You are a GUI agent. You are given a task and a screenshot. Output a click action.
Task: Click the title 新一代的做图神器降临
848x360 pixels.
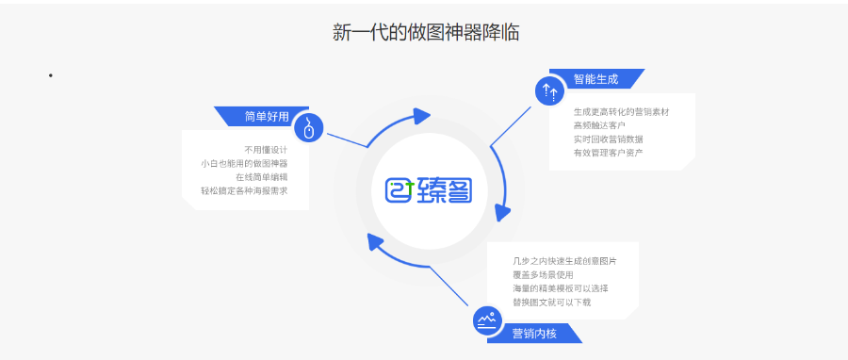[426, 32]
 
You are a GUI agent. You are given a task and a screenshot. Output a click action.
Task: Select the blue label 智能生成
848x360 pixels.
[595, 79]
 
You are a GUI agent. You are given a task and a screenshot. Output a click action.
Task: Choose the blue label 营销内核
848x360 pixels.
[534, 333]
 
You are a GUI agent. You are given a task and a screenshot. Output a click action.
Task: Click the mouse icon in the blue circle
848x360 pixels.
[308, 128]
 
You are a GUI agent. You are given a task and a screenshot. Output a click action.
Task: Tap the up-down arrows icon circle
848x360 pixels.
[549, 91]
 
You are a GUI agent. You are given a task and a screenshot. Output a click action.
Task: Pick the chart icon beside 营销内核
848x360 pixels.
[487, 320]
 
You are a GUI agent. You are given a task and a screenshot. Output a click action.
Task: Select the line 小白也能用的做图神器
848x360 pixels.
[244, 163]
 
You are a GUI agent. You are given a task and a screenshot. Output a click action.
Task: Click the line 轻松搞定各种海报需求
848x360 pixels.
[244, 190]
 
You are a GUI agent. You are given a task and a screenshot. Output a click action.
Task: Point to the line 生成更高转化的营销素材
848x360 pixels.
[621, 112]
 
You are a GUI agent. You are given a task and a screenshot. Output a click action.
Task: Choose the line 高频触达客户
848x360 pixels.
[599, 125]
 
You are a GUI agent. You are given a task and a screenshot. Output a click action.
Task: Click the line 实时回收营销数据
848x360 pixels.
[608, 139]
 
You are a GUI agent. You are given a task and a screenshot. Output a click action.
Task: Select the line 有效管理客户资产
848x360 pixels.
[608, 152]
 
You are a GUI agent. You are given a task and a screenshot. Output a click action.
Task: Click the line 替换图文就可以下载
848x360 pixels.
[551, 302]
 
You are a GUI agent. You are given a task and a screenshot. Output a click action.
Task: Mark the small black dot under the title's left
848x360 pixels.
[50, 75]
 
